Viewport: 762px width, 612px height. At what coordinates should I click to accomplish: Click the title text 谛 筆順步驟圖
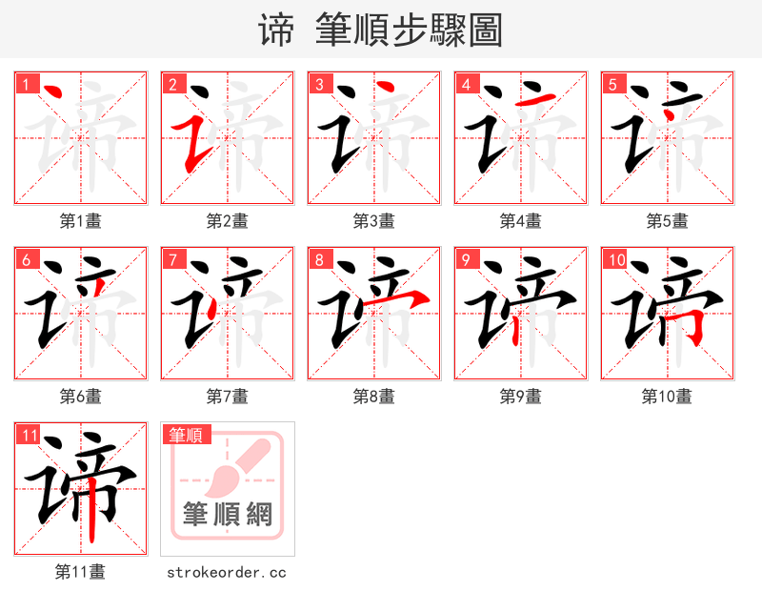(x=380, y=30)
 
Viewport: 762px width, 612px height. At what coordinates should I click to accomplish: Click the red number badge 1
(x=26, y=84)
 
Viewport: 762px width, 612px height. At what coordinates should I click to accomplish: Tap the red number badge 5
(x=612, y=84)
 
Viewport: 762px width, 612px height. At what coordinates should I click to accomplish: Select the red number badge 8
(x=319, y=259)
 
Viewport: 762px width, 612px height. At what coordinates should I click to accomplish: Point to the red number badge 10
(x=615, y=259)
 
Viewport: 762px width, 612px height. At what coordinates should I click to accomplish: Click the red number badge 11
(x=29, y=436)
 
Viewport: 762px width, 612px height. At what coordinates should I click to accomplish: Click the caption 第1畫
(x=81, y=221)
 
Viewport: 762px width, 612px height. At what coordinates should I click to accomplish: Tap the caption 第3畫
(x=374, y=221)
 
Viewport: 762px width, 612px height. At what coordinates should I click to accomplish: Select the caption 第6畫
(x=81, y=397)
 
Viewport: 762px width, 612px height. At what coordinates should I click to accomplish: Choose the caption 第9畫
(x=521, y=397)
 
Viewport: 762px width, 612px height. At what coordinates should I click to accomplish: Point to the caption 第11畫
(x=81, y=573)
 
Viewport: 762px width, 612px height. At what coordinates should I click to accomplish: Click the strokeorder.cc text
(x=227, y=573)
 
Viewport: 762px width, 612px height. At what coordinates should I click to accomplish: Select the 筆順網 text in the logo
(x=228, y=515)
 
